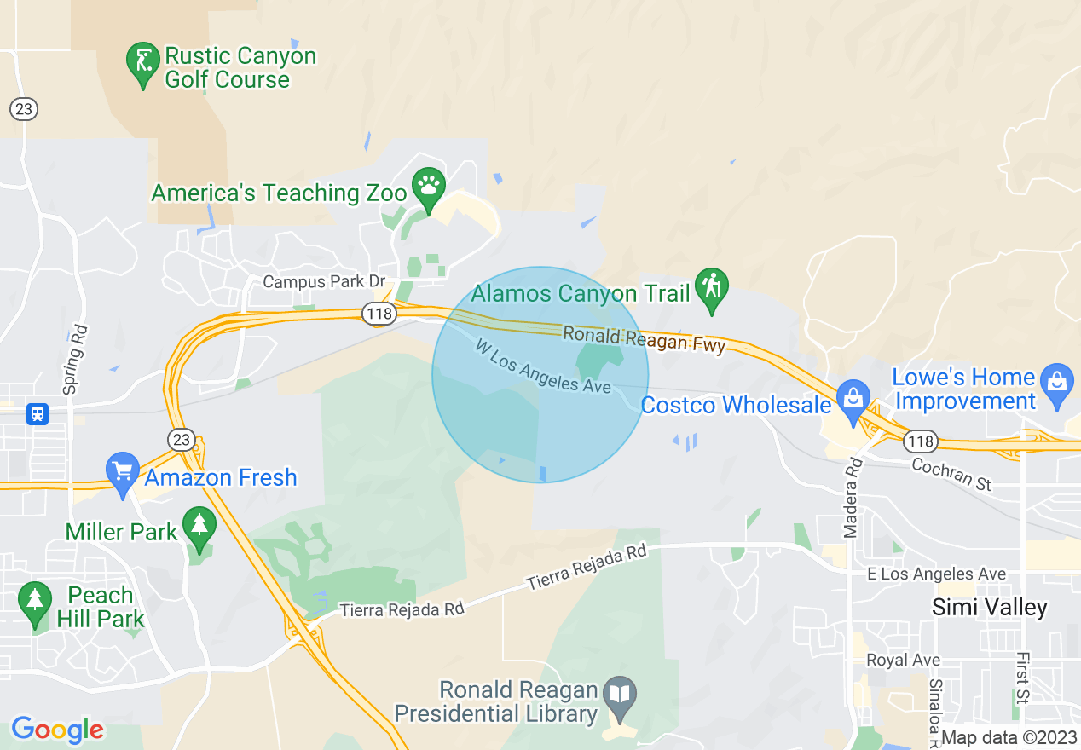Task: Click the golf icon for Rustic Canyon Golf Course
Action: click(x=142, y=62)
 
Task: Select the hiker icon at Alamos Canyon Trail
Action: click(x=710, y=286)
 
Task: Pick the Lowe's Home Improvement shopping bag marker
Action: click(x=1057, y=381)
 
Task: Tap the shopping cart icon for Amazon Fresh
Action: click(x=123, y=470)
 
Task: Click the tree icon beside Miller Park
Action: click(x=199, y=526)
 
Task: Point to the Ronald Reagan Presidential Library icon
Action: click(x=619, y=695)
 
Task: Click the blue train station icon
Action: click(x=38, y=414)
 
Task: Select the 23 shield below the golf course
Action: click(x=24, y=109)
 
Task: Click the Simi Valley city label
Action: click(x=989, y=607)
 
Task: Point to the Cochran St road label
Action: click(x=951, y=474)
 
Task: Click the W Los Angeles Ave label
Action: click(x=544, y=366)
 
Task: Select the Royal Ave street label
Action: click(x=903, y=660)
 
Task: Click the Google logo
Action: click(x=57, y=730)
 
